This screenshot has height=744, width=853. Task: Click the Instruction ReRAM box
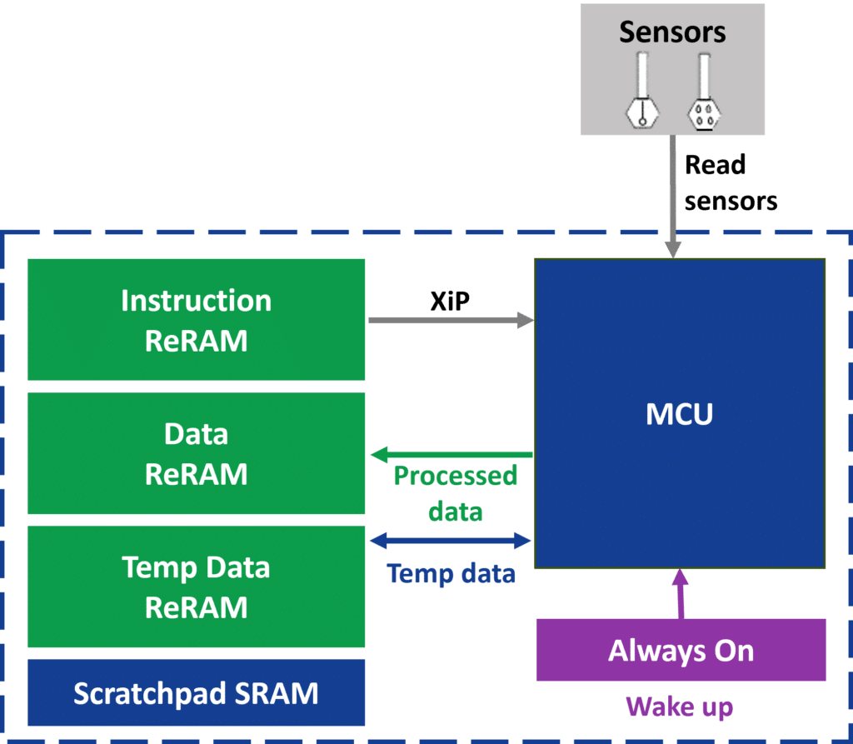(x=196, y=319)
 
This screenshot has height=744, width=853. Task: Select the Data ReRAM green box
(x=196, y=453)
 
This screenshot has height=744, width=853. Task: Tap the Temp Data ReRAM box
(x=196, y=587)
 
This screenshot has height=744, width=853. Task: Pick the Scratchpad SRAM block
(x=196, y=693)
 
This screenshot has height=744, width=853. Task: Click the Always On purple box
(x=681, y=651)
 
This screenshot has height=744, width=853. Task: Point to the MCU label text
(x=680, y=414)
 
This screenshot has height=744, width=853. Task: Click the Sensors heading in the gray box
(x=672, y=32)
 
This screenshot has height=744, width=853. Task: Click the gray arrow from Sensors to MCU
(x=673, y=200)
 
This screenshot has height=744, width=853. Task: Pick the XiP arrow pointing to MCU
(x=451, y=320)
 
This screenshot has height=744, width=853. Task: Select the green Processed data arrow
(x=451, y=455)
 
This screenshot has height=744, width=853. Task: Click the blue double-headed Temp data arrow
(x=451, y=542)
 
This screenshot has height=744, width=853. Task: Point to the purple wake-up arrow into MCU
(x=681, y=593)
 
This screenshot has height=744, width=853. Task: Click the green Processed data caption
(x=455, y=493)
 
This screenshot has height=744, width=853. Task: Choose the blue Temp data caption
(x=451, y=574)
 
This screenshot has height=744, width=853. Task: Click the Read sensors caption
(x=730, y=183)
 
